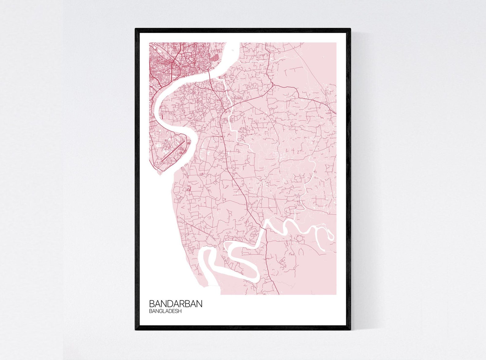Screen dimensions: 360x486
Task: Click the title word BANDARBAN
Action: point(175,304)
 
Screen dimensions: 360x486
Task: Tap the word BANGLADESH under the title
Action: point(165,311)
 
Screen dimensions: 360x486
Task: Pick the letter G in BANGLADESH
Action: point(162,311)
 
